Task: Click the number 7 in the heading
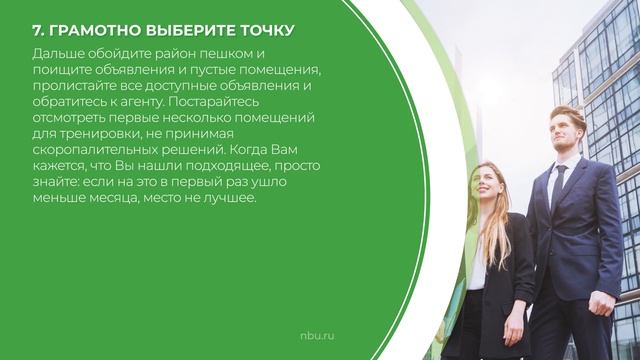pos(37,29)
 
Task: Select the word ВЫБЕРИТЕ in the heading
pos(183,29)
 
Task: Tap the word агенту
pos(137,101)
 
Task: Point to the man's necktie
pos(559,184)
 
